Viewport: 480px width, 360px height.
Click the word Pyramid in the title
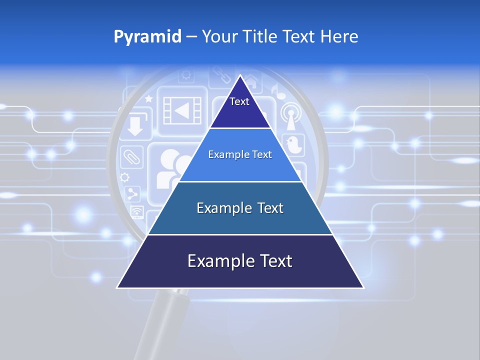(x=147, y=37)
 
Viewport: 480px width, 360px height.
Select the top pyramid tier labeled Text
(x=239, y=107)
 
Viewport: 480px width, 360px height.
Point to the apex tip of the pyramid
(x=240, y=75)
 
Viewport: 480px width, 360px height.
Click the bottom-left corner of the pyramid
(x=118, y=287)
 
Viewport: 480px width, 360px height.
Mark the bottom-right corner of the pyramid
(x=363, y=287)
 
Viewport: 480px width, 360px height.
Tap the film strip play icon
(x=182, y=110)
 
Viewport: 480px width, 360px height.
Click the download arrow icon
(x=134, y=125)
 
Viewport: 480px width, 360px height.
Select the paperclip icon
(x=131, y=157)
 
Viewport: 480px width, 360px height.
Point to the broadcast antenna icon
(x=290, y=116)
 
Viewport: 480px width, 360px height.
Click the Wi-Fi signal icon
(x=136, y=212)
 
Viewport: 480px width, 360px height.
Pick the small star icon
(x=148, y=99)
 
